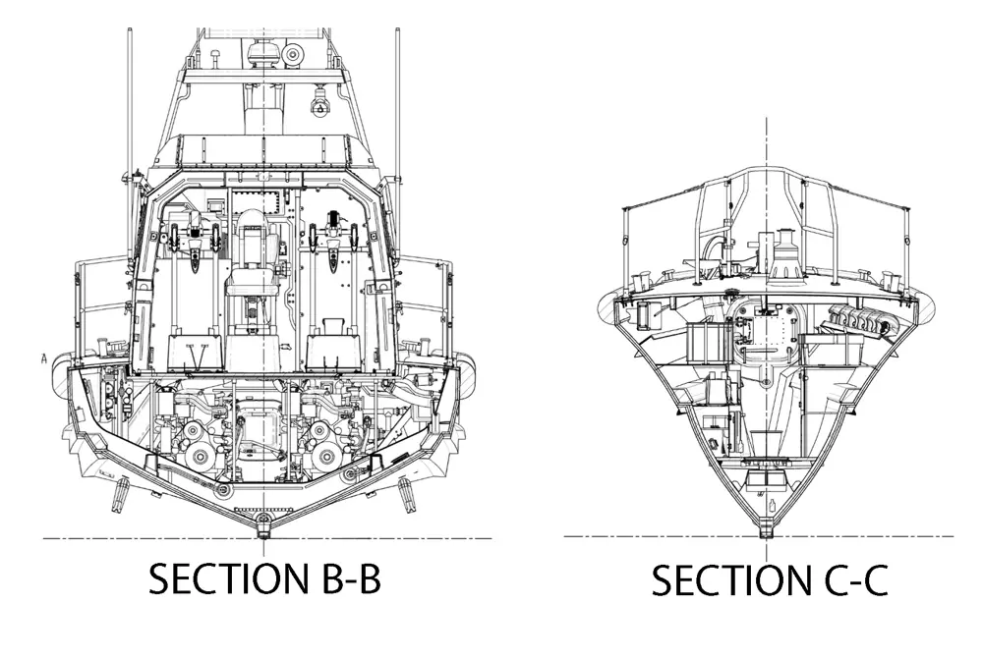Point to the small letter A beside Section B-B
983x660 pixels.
(44, 358)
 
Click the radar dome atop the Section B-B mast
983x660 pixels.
(263, 52)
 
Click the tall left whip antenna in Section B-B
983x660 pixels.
(130, 98)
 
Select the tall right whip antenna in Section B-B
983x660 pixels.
(397, 98)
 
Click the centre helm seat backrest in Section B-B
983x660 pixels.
(252, 236)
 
